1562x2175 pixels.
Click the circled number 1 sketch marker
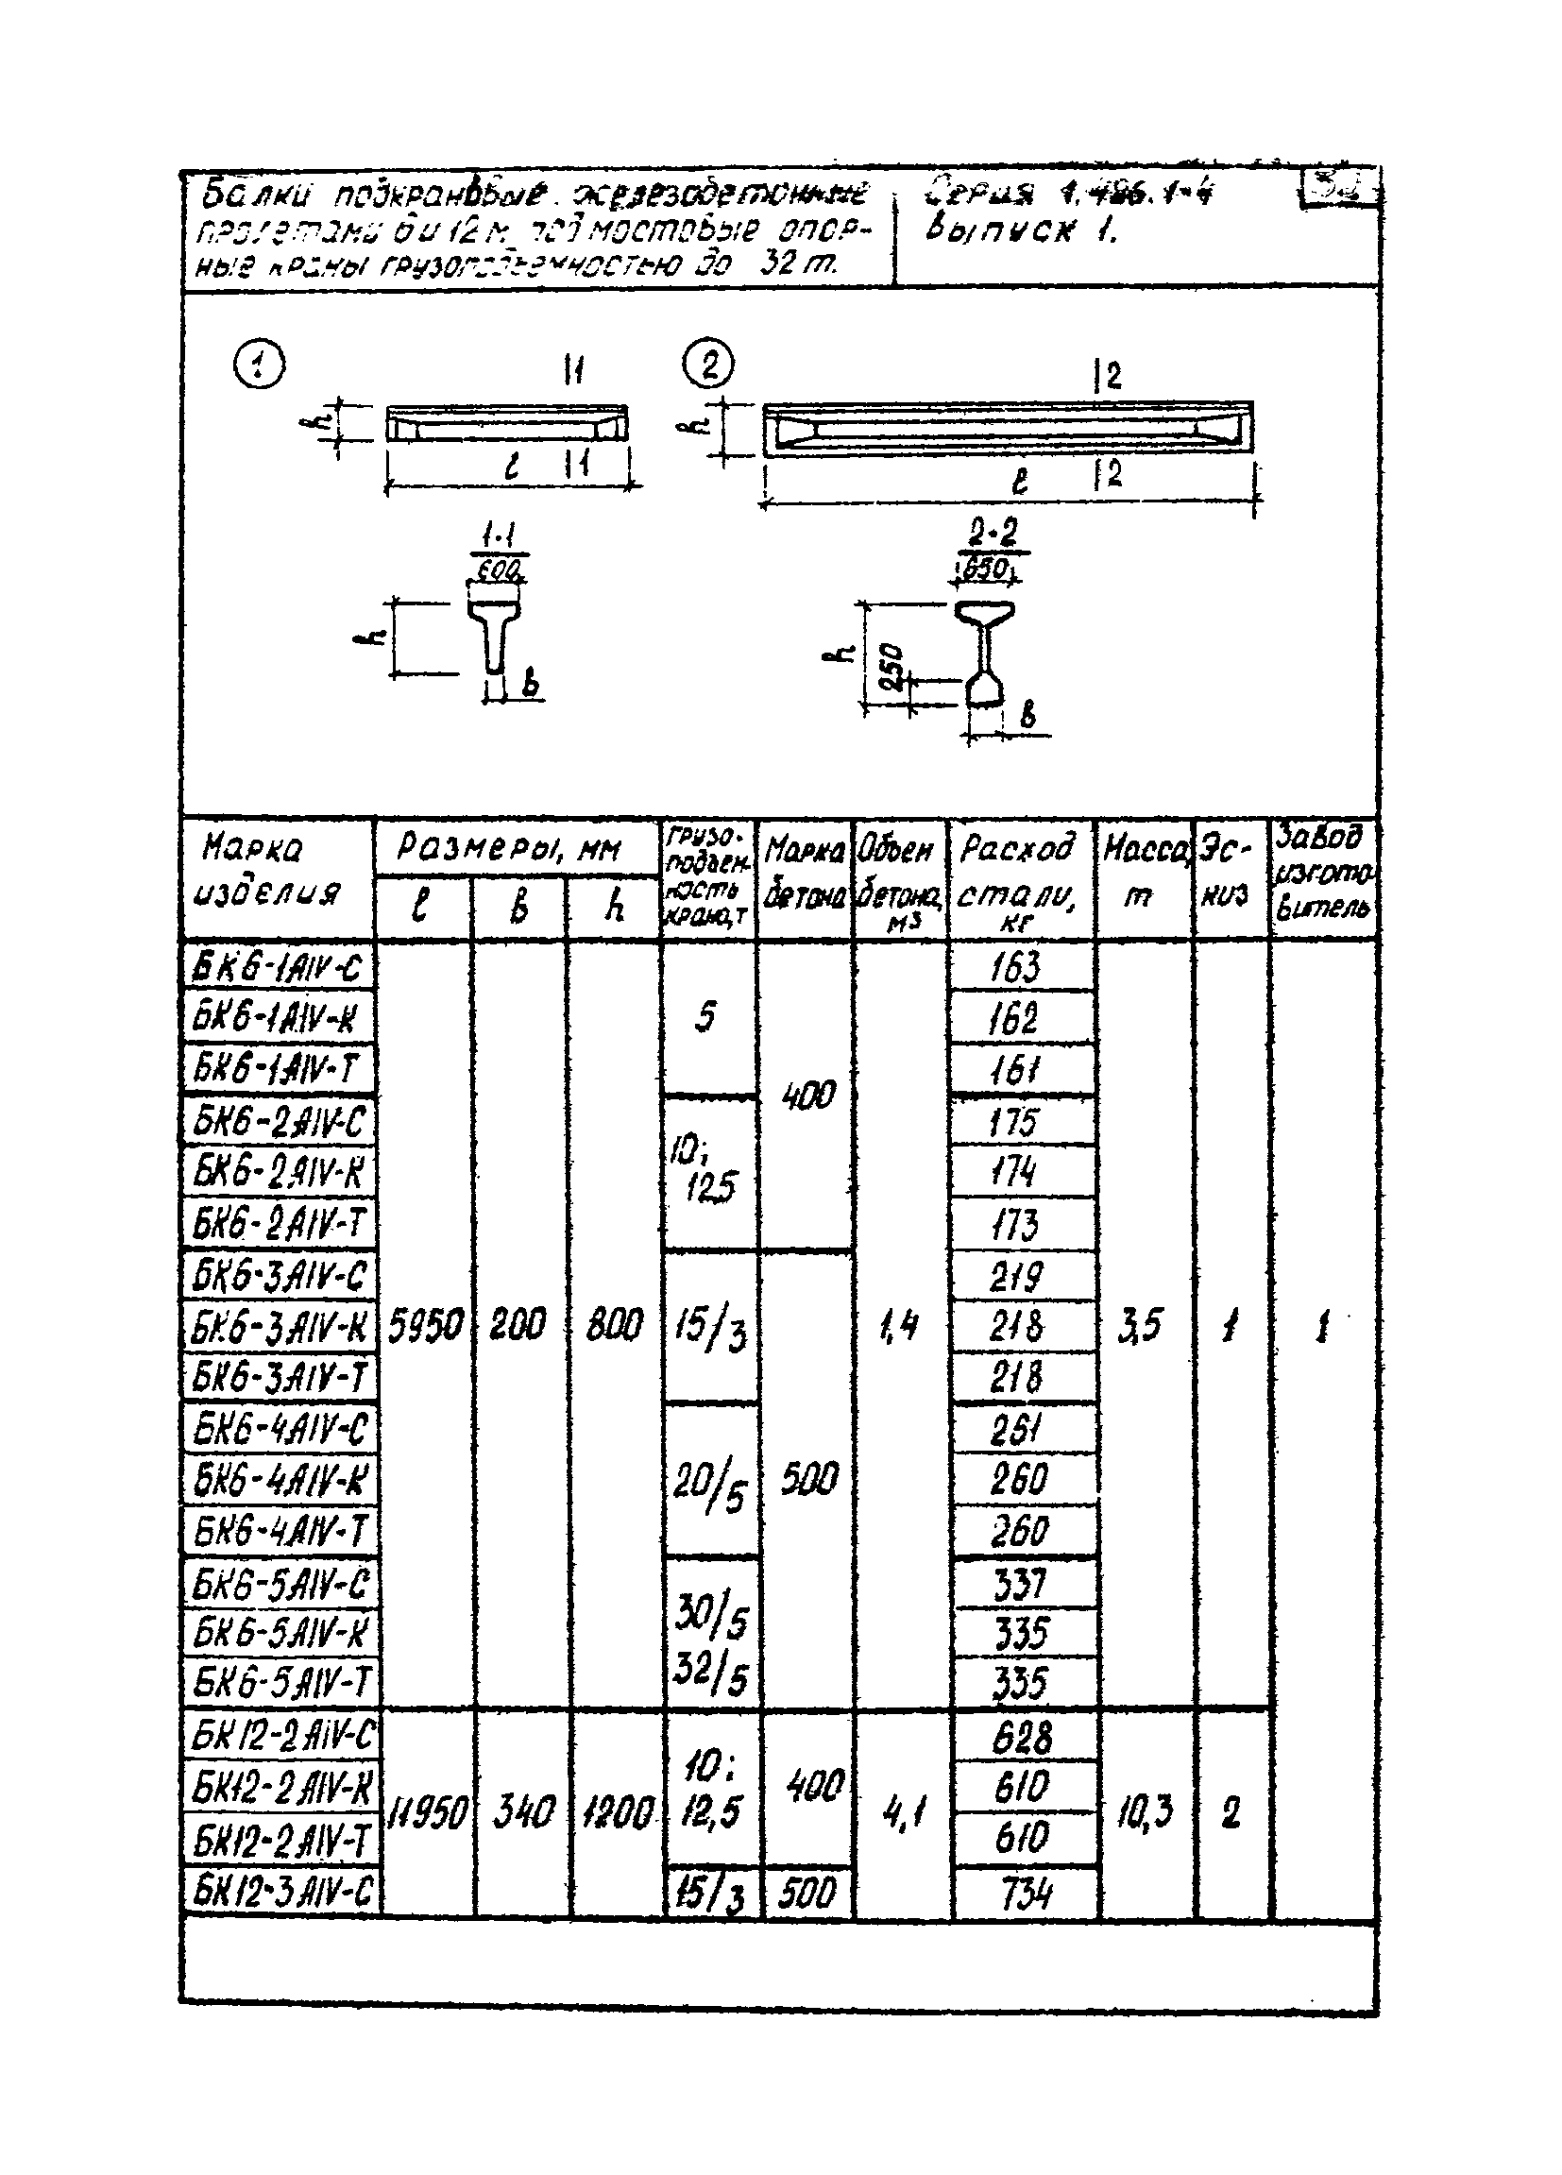(259, 366)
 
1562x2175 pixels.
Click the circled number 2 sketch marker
(708, 365)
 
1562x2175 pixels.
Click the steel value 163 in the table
(1016, 967)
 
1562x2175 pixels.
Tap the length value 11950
(428, 1813)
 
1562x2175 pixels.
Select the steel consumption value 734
(1025, 1893)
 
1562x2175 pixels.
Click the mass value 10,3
(1144, 1812)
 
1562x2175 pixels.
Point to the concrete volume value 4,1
(900, 1813)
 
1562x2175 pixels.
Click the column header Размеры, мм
(509, 848)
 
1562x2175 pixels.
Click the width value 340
(522, 1812)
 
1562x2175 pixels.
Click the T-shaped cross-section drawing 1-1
(495, 637)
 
